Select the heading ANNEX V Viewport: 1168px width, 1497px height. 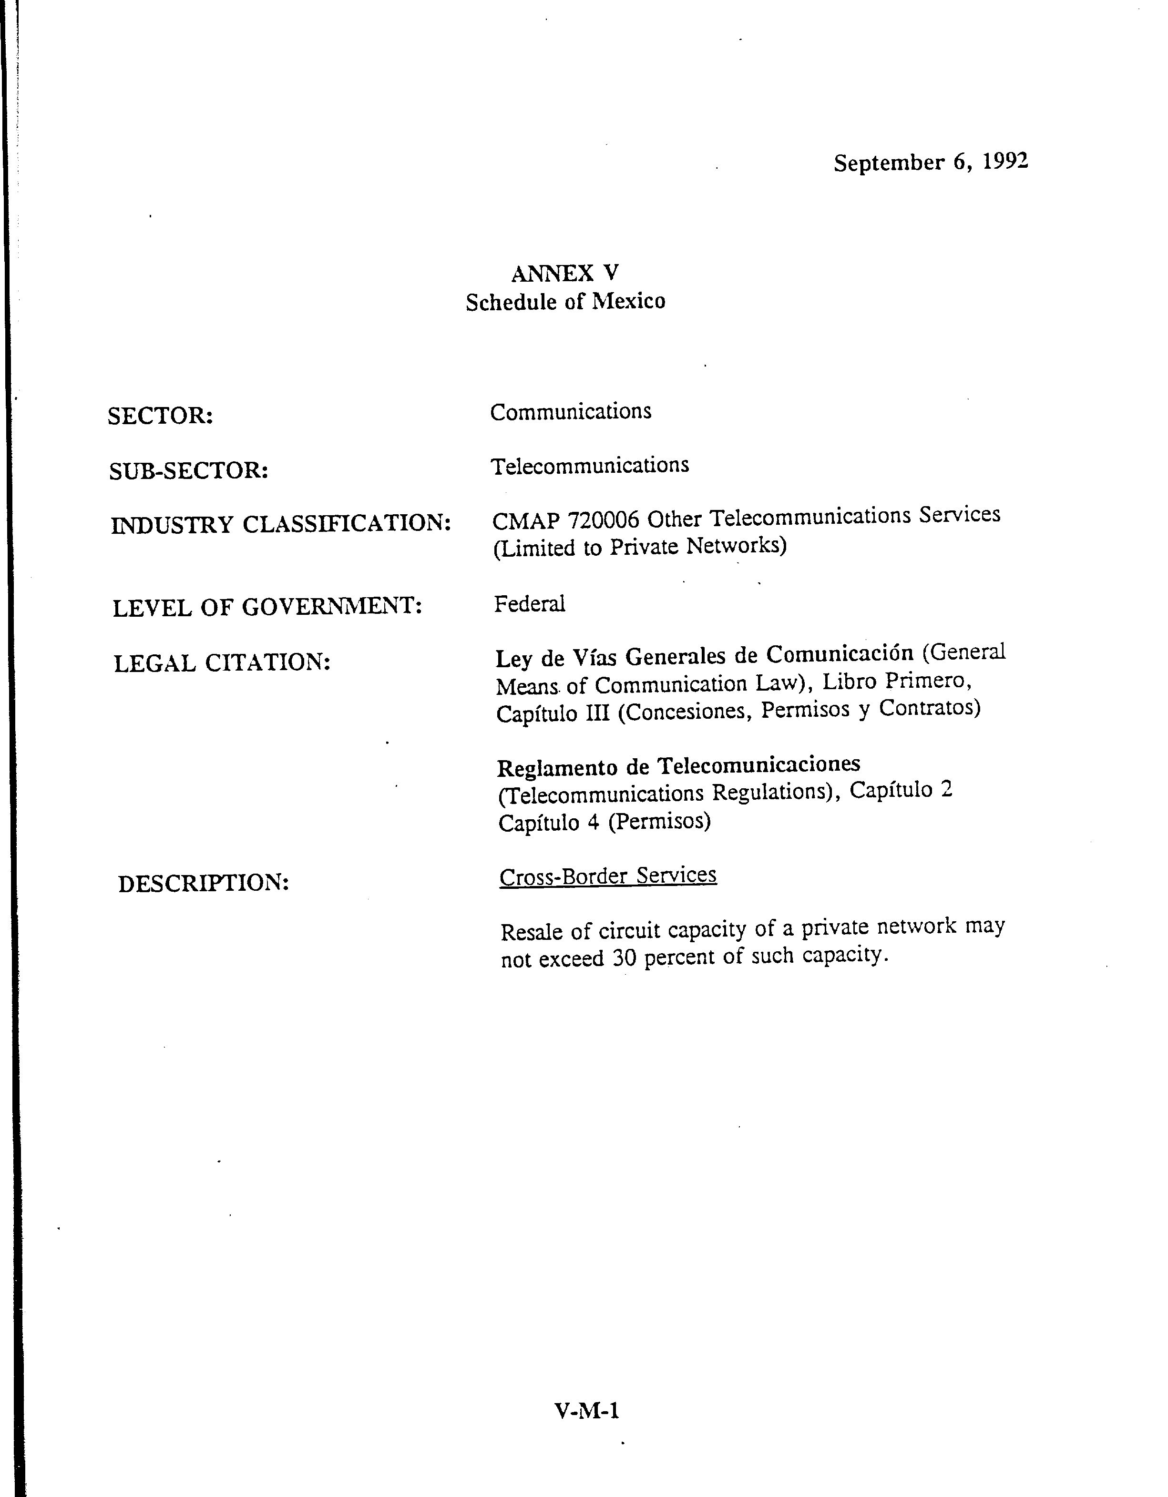tap(565, 274)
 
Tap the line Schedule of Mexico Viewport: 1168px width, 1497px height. tap(565, 302)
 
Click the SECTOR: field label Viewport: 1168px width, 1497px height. tap(160, 416)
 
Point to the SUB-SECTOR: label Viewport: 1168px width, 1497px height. tap(188, 471)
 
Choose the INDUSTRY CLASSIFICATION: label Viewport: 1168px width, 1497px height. tap(281, 524)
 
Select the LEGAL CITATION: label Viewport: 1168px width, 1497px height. tap(222, 663)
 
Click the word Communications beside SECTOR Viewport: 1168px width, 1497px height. tap(570, 412)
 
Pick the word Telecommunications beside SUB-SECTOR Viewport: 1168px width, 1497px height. tap(590, 466)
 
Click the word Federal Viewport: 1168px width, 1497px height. tap(529, 604)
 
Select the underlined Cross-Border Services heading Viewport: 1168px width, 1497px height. tap(608, 876)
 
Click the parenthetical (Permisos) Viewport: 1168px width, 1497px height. tap(659, 821)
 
